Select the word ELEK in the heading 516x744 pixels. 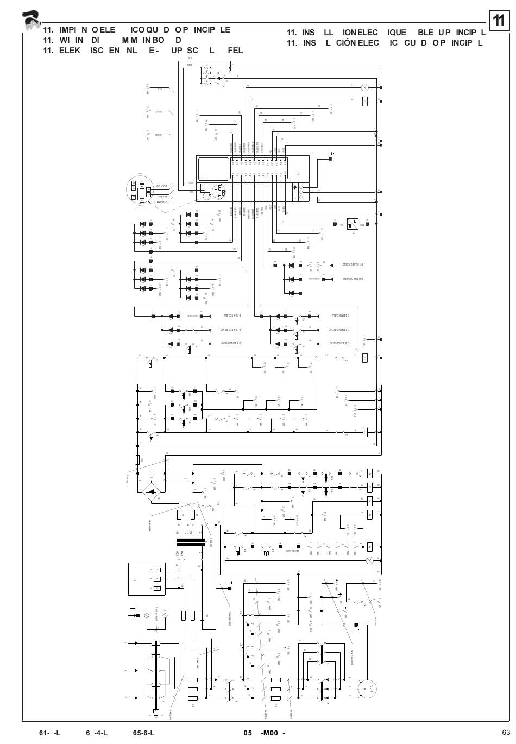coord(70,51)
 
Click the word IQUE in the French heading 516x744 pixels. coord(401,33)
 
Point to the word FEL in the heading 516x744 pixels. coord(235,51)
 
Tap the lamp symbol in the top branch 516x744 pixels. coord(365,87)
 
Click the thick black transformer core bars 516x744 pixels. coord(190,541)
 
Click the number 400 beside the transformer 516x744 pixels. coord(178,553)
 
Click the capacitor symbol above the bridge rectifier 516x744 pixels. coord(152,474)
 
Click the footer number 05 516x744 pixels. coord(248,732)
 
